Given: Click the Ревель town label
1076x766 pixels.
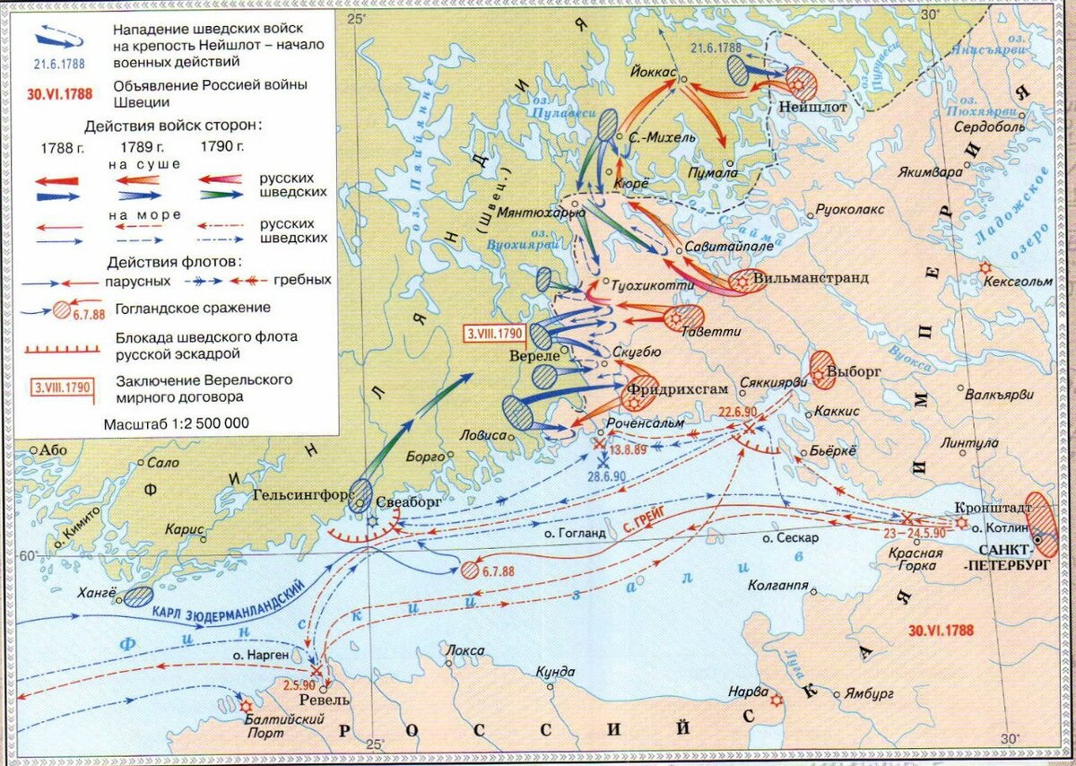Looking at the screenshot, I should (325, 700).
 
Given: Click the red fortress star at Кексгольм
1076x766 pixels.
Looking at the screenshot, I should (985, 267).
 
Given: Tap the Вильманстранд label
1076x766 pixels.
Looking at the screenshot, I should (811, 278).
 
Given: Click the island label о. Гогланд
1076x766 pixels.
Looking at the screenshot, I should (576, 533).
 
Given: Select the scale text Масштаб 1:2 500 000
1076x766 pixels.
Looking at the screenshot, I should (176, 422).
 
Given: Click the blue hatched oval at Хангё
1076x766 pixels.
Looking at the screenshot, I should (138, 596).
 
